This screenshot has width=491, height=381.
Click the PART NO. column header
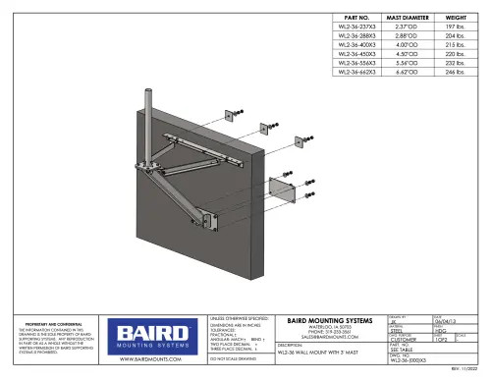[351, 18]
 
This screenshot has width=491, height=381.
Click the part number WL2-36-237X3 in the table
[351, 30]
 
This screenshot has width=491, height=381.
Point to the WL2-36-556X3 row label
[351, 63]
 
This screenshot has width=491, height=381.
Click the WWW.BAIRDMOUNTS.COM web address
[153, 361]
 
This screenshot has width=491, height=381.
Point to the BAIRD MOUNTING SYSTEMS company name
[328, 320]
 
